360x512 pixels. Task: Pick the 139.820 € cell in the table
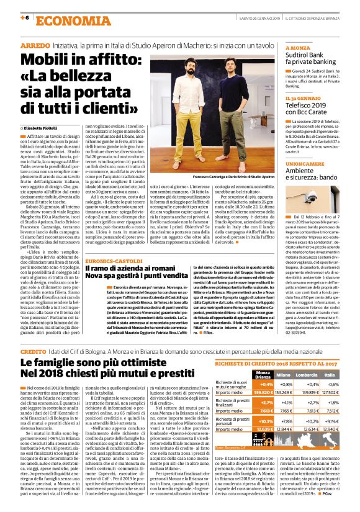[264, 393]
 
